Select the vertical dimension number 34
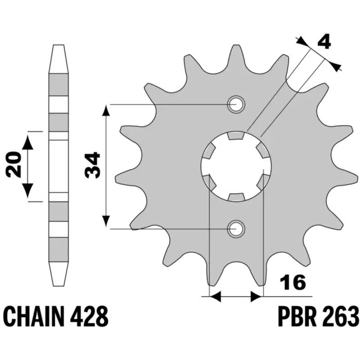(93, 166)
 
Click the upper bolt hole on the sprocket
(235, 105)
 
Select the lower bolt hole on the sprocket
(235, 229)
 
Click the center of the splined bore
(236, 167)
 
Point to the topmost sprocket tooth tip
(236, 47)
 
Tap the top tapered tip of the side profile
(58, 46)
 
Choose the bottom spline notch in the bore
(236, 197)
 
